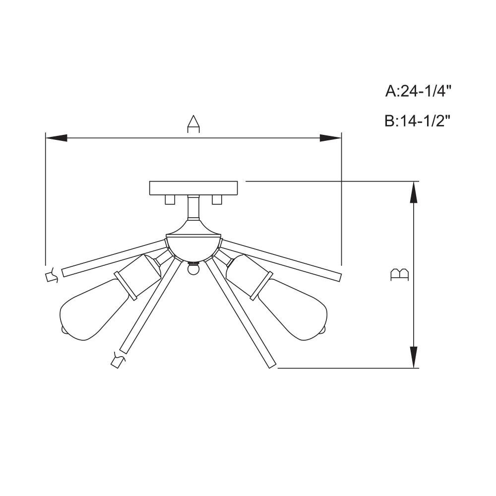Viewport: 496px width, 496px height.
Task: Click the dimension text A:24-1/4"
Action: pos(418,91)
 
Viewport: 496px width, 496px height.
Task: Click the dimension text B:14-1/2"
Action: pos(418,121)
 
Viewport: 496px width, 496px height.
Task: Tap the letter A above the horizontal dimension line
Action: pos(193,124)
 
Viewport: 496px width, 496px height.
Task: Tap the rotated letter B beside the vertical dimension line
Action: pos(400,275)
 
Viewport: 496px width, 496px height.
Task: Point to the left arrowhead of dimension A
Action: pos(57,138)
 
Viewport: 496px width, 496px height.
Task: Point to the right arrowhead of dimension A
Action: pos(330,138)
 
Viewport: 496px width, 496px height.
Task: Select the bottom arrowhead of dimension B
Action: pos(414,357)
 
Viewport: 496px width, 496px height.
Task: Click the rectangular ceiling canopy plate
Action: pos(193,188)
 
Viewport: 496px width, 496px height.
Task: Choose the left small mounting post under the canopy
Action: pos(170,199)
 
